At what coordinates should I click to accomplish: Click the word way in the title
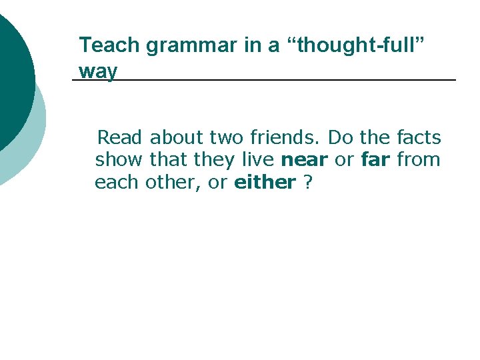(97, 71)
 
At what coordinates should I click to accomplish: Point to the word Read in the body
(120, 138)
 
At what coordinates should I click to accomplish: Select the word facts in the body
(419, 138)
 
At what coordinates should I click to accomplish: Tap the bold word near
(305, 160)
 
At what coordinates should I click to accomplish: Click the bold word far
(375, 160)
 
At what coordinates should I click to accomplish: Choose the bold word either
(265, 182)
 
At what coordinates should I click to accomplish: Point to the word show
(119, 160)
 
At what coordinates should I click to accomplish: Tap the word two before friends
(227, 138)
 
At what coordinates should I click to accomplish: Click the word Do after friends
(341, 138)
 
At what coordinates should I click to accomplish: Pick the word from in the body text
(419, 160)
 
